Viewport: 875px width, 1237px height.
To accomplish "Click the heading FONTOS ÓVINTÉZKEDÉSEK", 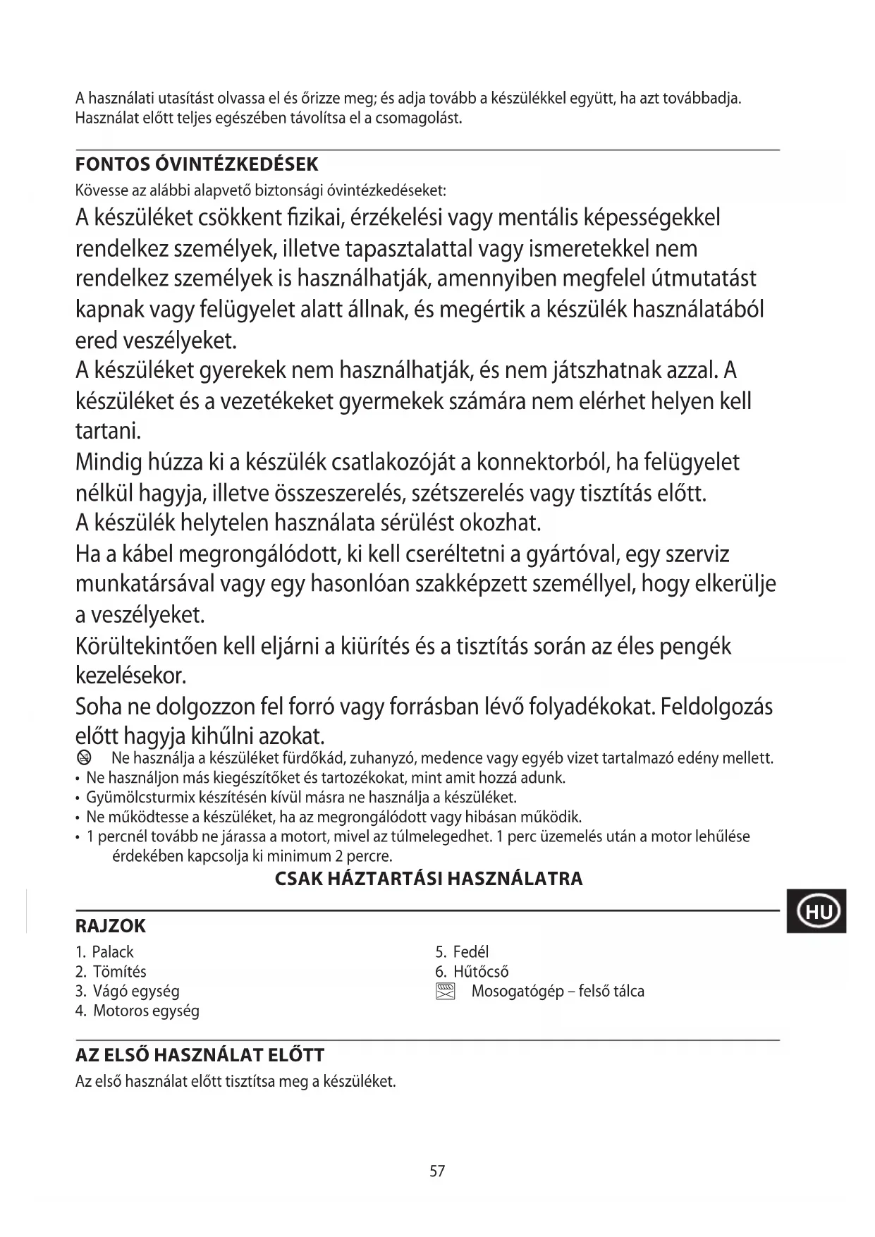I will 197,165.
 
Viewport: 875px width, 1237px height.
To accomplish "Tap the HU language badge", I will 817,912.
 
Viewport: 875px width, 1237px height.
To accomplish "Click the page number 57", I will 437,1171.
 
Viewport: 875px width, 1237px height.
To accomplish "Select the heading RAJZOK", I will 111,926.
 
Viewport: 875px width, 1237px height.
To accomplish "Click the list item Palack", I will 112,952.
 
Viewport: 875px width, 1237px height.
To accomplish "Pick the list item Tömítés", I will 119,972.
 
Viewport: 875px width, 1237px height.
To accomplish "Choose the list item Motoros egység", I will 146,1011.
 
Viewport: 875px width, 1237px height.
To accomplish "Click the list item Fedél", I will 470,952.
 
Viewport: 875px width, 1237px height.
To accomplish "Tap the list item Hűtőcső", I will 480,972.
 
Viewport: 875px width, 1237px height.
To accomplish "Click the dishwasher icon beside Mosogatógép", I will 446,992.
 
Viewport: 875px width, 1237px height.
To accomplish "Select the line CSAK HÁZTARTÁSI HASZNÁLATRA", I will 429,879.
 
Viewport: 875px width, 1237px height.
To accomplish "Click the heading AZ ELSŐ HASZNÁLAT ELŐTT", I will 200,1056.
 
